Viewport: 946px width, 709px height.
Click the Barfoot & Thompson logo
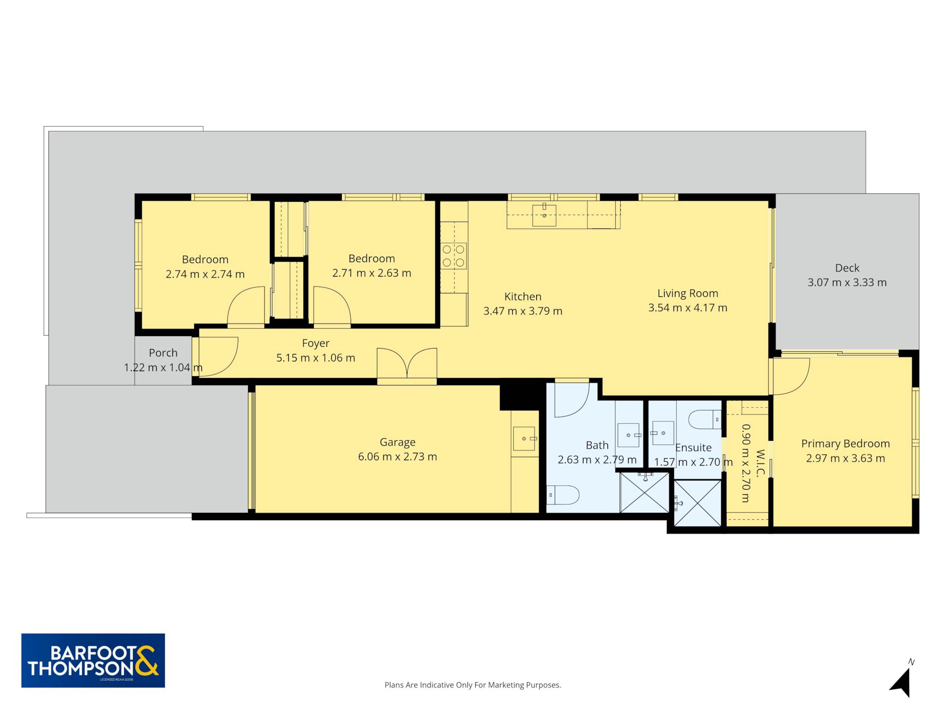point(93,661)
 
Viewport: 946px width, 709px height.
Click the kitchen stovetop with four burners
point(454,256)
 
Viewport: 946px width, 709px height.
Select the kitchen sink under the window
point(544,215)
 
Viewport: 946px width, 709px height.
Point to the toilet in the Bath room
point(563,495)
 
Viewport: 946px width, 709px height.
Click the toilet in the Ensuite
point(704,419)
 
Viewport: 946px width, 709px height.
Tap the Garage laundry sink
point(525,439)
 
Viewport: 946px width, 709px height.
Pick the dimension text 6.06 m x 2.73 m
point(397,457)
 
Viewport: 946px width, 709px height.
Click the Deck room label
point(847,268)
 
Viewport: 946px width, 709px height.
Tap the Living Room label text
point(688,294)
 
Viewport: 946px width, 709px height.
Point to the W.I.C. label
point(760,463)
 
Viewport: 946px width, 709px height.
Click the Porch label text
point(163,353)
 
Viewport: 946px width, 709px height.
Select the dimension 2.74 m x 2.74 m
point(205,274)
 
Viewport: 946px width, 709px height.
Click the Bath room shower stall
point(644,492)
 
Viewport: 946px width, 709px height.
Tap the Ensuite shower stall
point(697,503)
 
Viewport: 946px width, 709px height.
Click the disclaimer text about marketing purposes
point(473,685)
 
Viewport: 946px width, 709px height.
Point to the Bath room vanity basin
point(629,435)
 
